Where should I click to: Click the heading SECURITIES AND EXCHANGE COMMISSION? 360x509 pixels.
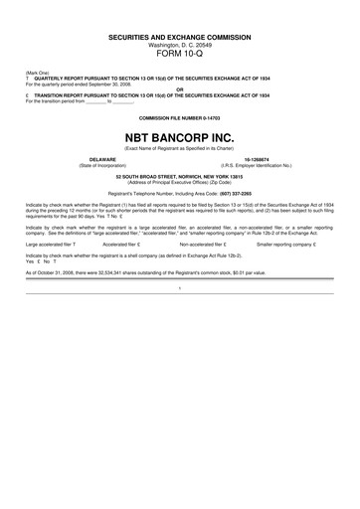pos(180,37)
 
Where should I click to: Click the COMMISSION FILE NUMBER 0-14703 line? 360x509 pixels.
pos(180,117)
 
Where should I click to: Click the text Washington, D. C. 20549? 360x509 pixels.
pos(180,46)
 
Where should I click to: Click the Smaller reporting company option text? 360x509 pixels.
pos(283,244)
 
